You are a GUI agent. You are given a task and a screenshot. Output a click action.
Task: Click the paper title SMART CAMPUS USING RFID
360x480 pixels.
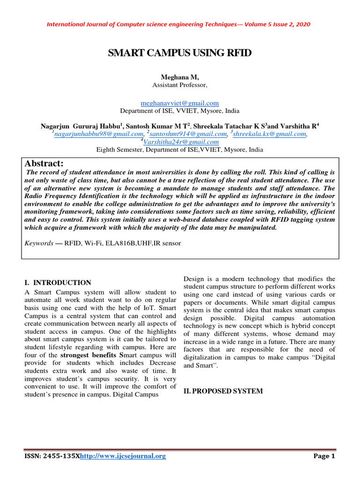point(180,53)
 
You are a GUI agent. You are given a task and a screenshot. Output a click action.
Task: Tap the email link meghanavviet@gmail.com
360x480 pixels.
point(180,103)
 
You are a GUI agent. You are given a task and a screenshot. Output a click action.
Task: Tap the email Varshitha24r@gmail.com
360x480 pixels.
point(181,142)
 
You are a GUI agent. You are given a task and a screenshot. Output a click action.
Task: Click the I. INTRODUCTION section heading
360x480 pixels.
point(58,283)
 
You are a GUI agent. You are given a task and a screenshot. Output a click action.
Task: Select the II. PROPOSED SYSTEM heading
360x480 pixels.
point(223,391)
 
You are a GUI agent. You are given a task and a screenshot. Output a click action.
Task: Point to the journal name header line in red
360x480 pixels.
point(180,24)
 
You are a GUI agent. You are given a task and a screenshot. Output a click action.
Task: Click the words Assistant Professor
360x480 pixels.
point(180,85)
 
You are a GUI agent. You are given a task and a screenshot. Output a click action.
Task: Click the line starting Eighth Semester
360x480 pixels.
point(180,150)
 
